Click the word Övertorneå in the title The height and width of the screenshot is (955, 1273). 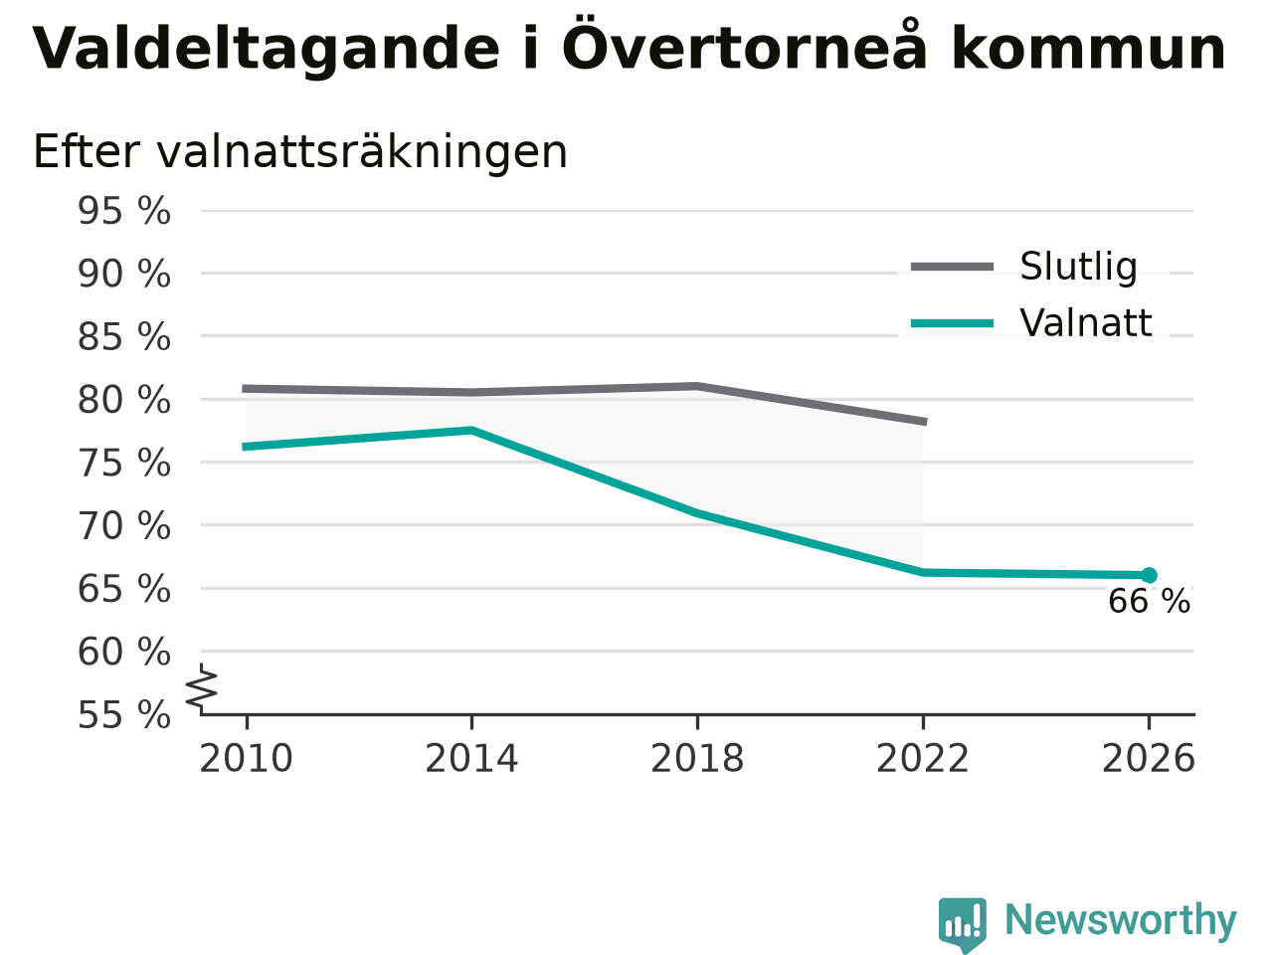pyautogui.click(x=744, y=45)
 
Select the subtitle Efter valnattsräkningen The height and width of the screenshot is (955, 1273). pyautogui.click(x=300, y=152)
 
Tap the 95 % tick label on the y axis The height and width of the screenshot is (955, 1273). pyautogui.click(x=124, y=211)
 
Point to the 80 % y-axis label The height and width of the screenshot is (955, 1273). pyautogui.click(x=124, y=400)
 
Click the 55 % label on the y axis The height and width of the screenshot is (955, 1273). pyautogui.click(x=124, y=714)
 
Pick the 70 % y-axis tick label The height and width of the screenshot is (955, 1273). pyautogui.click(x=124, y=526)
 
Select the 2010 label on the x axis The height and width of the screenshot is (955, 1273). pyautogui.click(x=246, y=758)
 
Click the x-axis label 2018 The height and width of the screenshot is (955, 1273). pyautogui.click(x=697, y=758)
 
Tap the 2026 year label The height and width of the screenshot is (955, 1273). pyautogui.click(x=1149, y=758)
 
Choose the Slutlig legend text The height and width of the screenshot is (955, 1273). pyautogui.click(x=1079, y=267)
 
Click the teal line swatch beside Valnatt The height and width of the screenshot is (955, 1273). pyautogui.click(x=953, y=323)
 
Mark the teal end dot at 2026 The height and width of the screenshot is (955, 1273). pyautogui.click(x=1149, y=575)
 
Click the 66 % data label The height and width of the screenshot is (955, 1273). pyautogui.click(x=1149, y=601)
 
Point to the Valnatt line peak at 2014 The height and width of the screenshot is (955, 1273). pyautogui.click(x=472, y=430)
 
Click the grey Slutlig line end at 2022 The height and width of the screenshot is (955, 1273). pyautogui.click(x=925, y=422)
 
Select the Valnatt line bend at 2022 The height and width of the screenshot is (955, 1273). pyautogui.click(x=923, y=572)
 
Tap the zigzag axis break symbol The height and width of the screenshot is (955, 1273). pyautogui.click(x=201, y=688)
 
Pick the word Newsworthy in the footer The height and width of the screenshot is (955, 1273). pyautogui.click(x=1121, y=919)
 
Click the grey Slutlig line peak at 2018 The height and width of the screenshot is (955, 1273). pyautogui.click(x=697, y=386)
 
